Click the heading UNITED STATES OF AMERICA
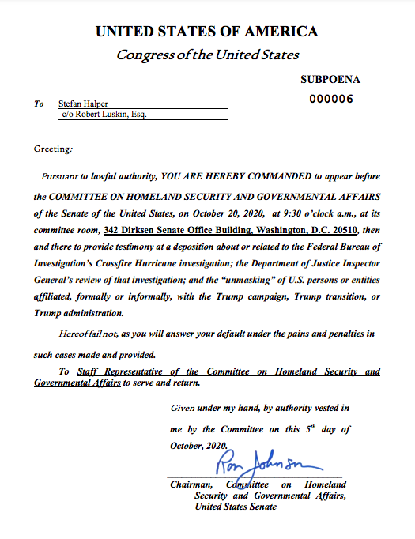207,32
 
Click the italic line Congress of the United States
207,55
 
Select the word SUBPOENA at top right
330,80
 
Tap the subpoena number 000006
330,99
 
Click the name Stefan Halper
84,104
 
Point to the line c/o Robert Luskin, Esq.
104,115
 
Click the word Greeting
53,149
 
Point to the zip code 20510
343,230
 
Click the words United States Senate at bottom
236,506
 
